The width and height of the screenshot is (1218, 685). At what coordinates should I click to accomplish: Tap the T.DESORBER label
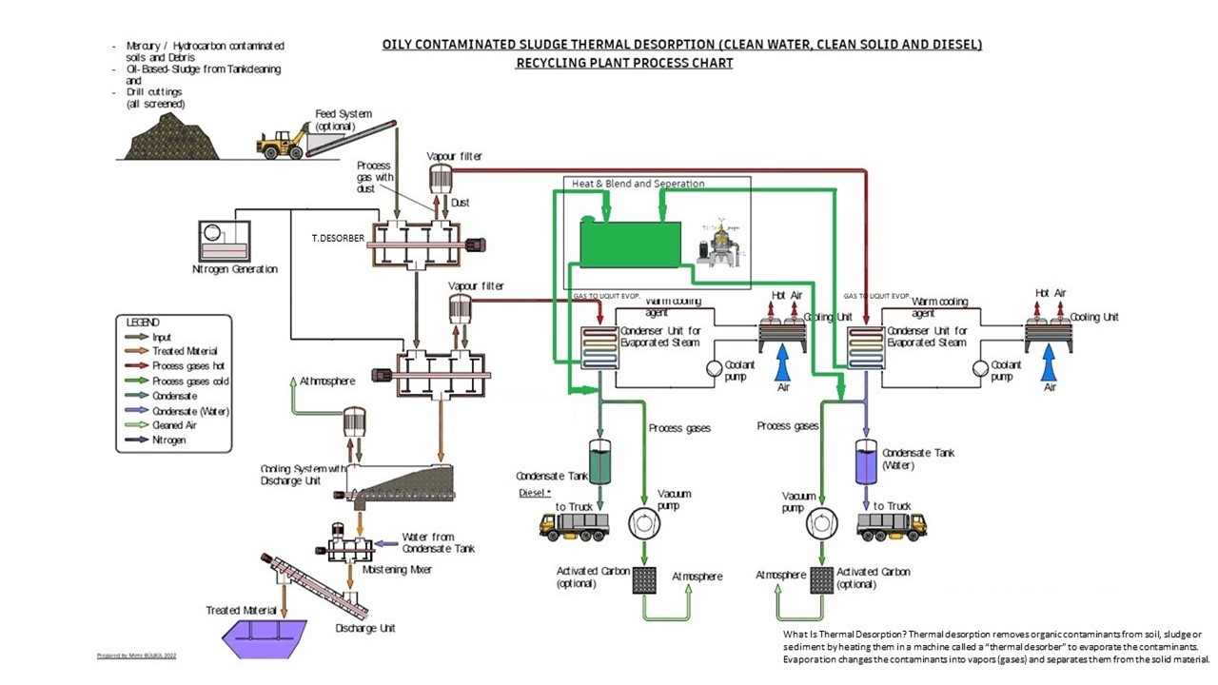pyautogui.click(x=338, y=238)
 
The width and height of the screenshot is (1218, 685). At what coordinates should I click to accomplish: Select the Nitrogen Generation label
pyautogui.click(x=235, y=269)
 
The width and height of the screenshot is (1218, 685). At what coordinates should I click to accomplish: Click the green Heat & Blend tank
pyautogui.click(x=631, y=244)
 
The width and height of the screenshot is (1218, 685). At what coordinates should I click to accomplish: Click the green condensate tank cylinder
pyautogui.click(x=601, y=460)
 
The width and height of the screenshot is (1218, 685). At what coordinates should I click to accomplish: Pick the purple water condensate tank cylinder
pyautogui.click(x=867, y=460)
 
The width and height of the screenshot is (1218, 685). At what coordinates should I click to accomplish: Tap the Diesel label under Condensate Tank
pyautogui.click(x=534, y=493)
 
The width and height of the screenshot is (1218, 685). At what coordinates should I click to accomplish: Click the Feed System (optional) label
pyautogui.click(x=344, y=120)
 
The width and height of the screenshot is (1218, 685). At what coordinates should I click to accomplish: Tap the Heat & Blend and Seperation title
pyautogui.click(x=638, y=183)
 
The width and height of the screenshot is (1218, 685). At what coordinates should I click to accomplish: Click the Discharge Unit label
pyautogui.click(x=364, y=628)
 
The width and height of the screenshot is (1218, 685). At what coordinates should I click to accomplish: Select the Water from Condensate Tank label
pyautogui.click(x=437, y=542)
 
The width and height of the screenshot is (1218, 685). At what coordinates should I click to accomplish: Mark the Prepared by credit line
pyautogui.click(x=137, y=656)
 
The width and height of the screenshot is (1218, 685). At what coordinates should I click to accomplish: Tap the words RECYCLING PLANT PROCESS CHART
pyautogui.click(x=624, y=64)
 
